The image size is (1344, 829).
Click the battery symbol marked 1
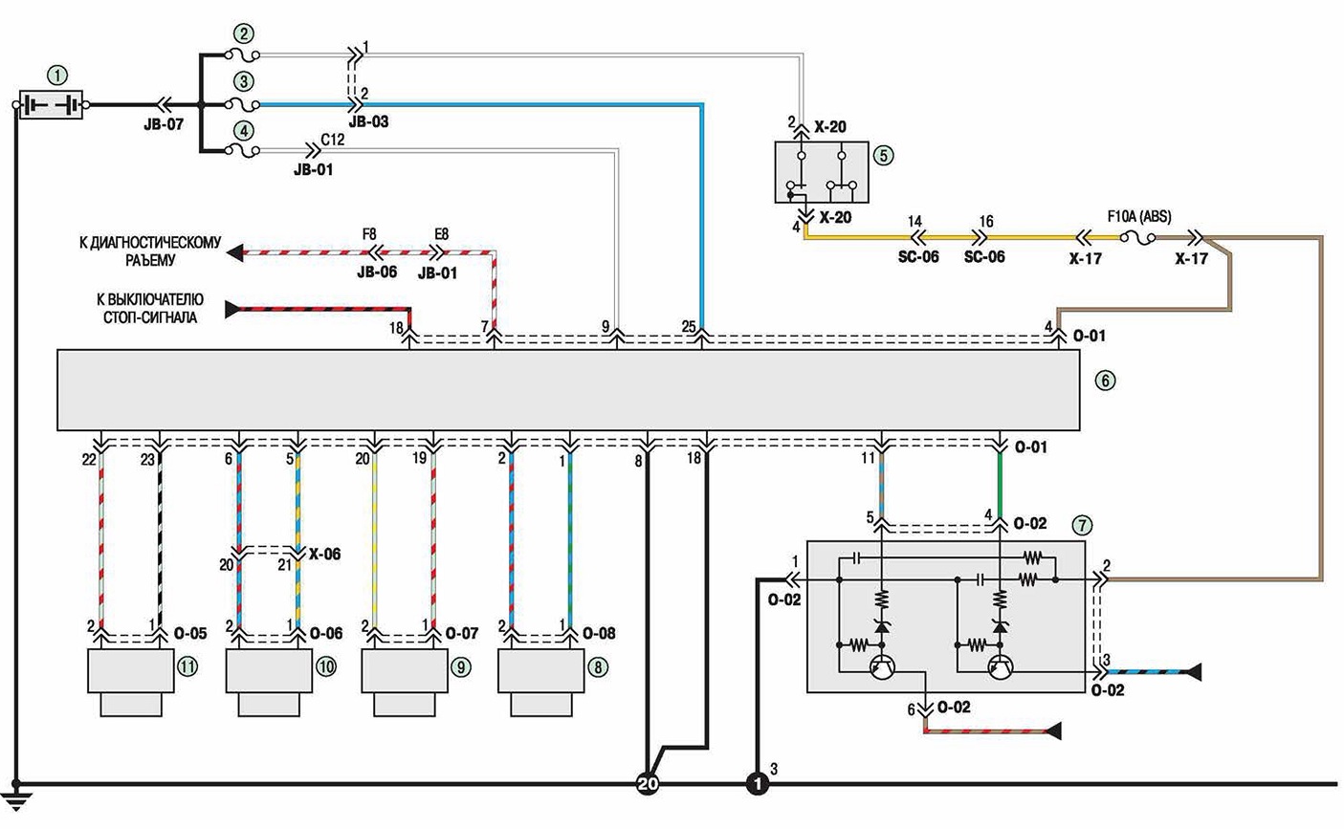click(51, 105)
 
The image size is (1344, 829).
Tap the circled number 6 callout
click(1105, 381)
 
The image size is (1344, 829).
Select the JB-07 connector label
click(164, 124)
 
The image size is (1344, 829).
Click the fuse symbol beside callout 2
click(242, 55)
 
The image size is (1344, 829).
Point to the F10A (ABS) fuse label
click(1138, 216)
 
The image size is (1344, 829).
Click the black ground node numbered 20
click(648, 783)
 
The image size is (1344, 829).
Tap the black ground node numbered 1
click(758, 783)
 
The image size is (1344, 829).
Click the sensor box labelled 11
click(131, 682)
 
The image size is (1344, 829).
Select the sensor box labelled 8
click(541, 682)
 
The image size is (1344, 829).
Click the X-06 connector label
click(324, 554)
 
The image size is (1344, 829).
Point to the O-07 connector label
click(461, 633)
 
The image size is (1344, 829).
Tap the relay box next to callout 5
click(822, 171)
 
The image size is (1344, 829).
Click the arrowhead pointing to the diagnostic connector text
click(235, 252)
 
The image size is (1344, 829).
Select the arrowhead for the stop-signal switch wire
click(232, 310)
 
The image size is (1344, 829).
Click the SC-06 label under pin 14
click(918, 257)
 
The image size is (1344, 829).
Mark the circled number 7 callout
click(1082, 526)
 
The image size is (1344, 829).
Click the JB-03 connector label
click(368, 121)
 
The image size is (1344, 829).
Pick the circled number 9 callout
click(461, 667)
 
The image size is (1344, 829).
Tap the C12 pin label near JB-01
click(332, 140)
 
